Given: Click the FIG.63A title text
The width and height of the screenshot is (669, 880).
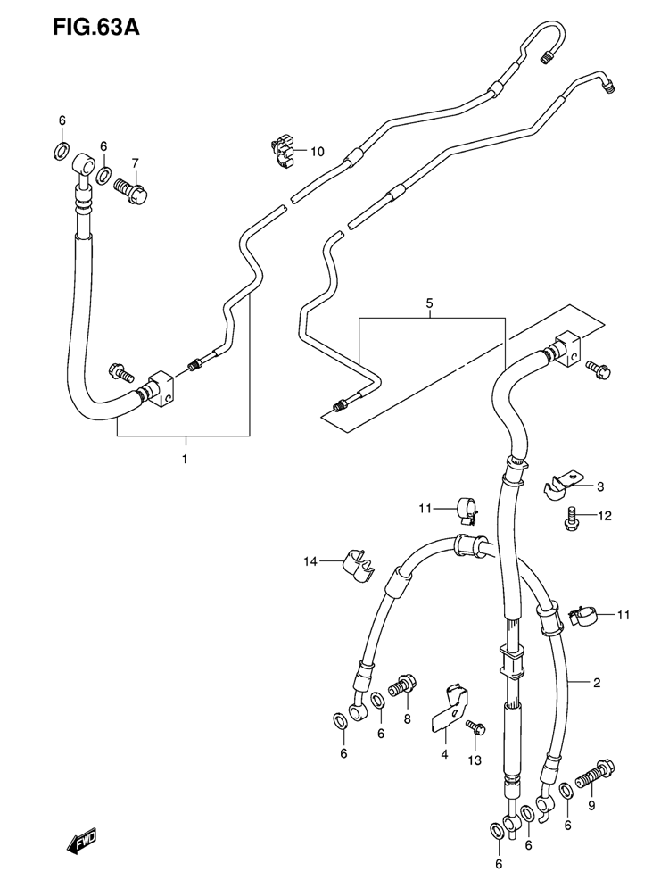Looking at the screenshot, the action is tap(95, 27).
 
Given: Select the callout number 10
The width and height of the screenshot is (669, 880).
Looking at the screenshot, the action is tap(317, 152).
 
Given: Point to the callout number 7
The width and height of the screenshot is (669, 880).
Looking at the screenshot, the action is tap(135, 163).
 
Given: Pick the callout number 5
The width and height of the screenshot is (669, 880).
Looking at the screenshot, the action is tap(429, 303).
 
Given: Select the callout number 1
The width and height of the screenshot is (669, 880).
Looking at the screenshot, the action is tap(184, 459).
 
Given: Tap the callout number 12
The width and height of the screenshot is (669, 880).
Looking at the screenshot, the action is tap(605, 516).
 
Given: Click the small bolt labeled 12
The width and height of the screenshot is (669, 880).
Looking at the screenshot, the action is tap(571, 518).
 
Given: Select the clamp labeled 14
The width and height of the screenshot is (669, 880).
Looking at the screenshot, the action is tap(357, 566).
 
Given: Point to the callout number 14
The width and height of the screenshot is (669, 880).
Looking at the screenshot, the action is tap(310, 560).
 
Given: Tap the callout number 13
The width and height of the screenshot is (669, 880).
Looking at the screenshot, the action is tap(475, 760).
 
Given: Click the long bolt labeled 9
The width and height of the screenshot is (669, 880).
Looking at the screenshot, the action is tap(594, 775).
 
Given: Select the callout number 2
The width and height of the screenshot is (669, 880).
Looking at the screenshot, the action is tap(597, 683).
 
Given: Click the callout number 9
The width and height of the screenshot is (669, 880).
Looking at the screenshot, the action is tap(591, 807).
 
